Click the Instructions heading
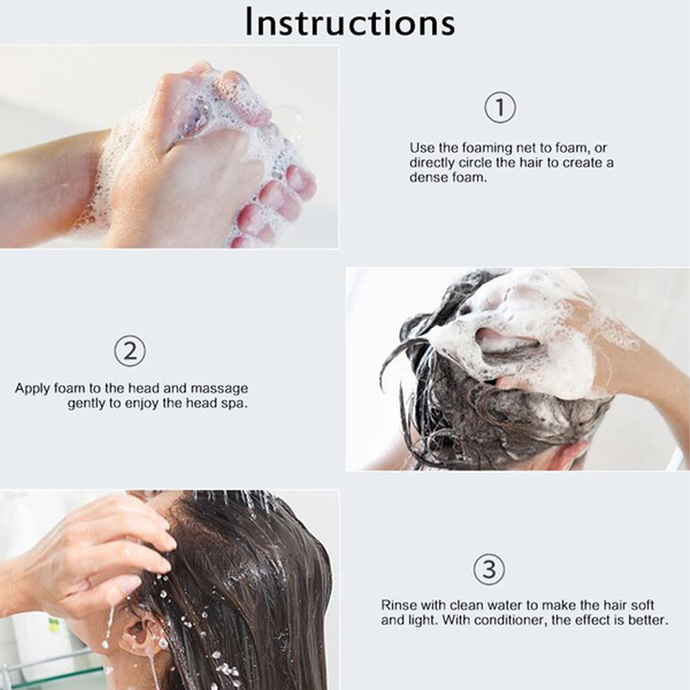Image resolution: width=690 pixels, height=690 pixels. pos(350,23)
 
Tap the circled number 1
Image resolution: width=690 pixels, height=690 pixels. pos(500,109)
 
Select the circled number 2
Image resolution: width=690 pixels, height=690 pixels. pos(130,352)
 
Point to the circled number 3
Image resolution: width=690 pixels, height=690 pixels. pos(489,570)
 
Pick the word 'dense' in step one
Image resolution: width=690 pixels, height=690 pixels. pos(426,177)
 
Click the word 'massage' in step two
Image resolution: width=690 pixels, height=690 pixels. pos(219,388)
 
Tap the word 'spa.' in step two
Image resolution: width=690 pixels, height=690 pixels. pos(235,404)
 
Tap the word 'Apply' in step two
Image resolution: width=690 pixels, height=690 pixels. pos(32,388)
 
